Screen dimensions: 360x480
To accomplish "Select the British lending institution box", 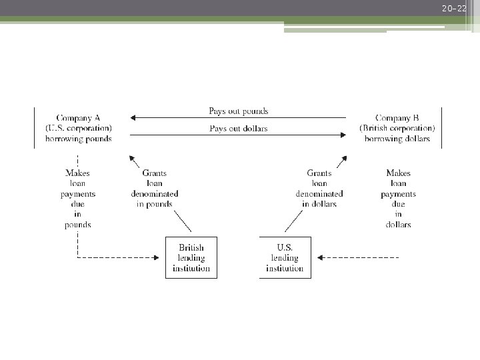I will tap(191, 258).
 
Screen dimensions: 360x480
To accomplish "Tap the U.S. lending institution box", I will tap(285, 258).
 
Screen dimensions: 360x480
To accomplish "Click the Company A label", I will tap(79, 118).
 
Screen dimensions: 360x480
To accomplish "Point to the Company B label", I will tap(397, 118).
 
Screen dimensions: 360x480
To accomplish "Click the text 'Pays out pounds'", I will tap(239, 111).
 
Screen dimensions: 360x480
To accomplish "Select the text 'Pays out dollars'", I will tap(239, 128).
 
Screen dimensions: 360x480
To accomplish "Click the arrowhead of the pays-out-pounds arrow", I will tap(133, 118).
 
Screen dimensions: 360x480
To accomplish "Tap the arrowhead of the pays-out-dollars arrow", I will tap(343, 135).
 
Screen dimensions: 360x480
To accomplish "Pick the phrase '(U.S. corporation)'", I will tap(79, 128).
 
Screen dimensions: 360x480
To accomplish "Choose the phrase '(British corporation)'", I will tap(397, 128).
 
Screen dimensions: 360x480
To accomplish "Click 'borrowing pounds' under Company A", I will tap(79, 139).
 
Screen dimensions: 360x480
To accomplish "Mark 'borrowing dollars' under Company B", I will tap(397, 139).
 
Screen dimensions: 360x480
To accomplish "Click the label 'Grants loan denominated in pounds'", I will tap(155, 189).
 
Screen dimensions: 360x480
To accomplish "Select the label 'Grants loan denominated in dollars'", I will tap(319, 189).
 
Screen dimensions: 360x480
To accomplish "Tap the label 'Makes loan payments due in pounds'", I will tap(78, 199).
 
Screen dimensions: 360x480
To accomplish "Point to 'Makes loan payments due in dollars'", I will tap(398, 199).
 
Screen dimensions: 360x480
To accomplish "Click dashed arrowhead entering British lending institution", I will tap(162, 257).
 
